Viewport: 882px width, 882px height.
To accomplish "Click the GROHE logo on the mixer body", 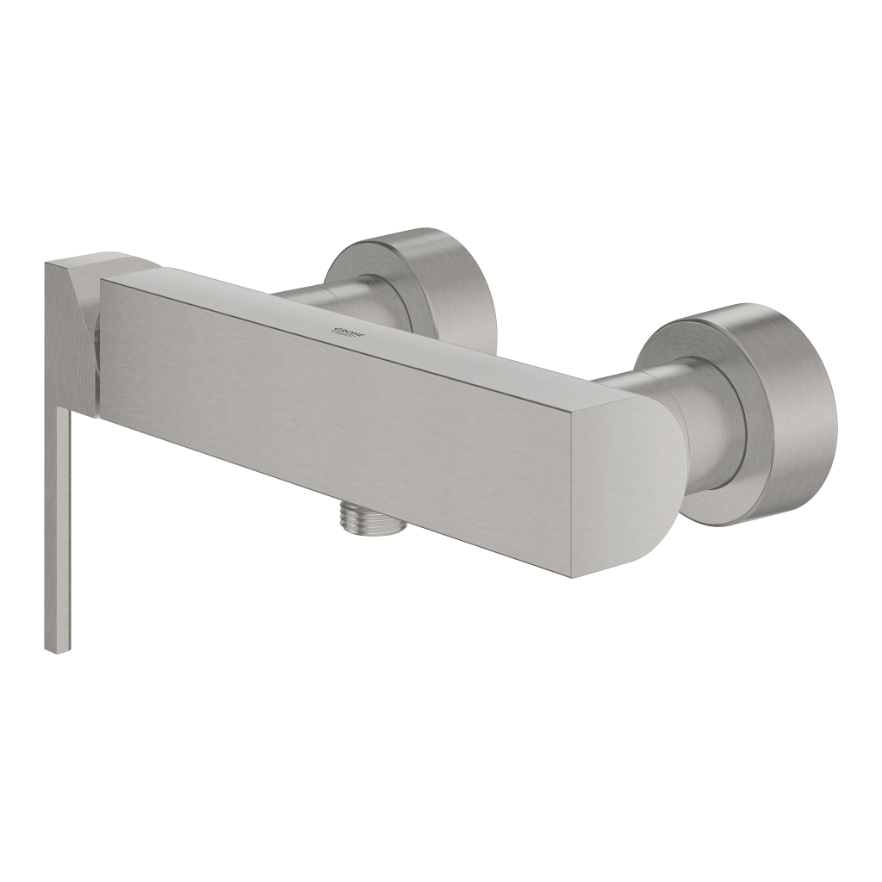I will pos(348,332).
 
